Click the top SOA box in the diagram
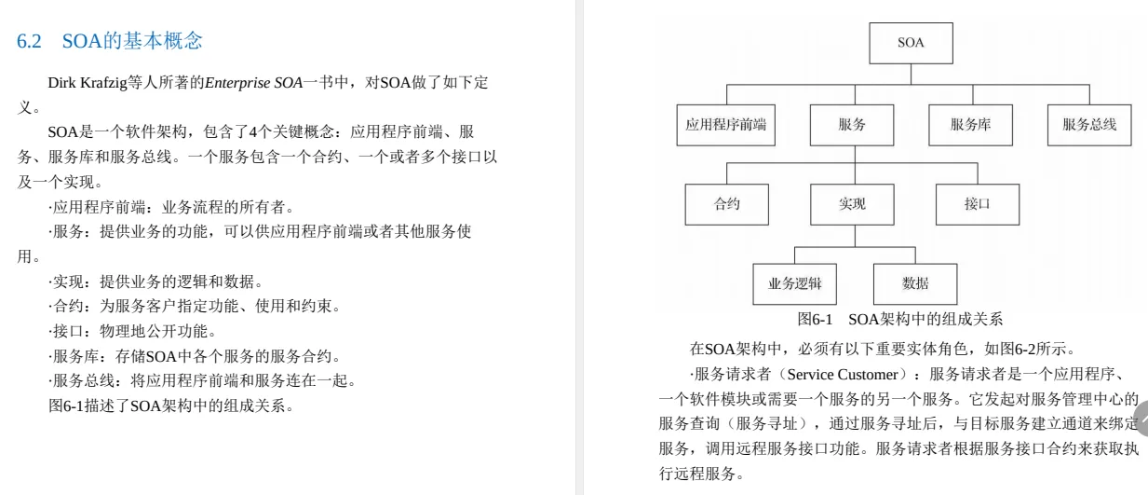[x=910, y=43]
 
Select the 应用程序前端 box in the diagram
[x=726, y=125]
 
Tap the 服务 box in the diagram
[x=851, y=125]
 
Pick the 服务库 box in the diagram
[x=970, y=125]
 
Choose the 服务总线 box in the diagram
[x=1089, y=125]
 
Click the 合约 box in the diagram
[x=726, y=204]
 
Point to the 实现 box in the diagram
[x=851, y=204]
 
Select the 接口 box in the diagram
[x=977, y=204]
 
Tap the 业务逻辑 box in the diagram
[x=794, y=283]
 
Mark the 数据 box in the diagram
[x=914, y=283]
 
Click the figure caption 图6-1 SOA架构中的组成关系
[x=900, y=319]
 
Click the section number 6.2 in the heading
[x=31, y=41]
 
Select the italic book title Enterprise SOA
[x=253, y=83]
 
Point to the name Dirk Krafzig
[x=88, y=83]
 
